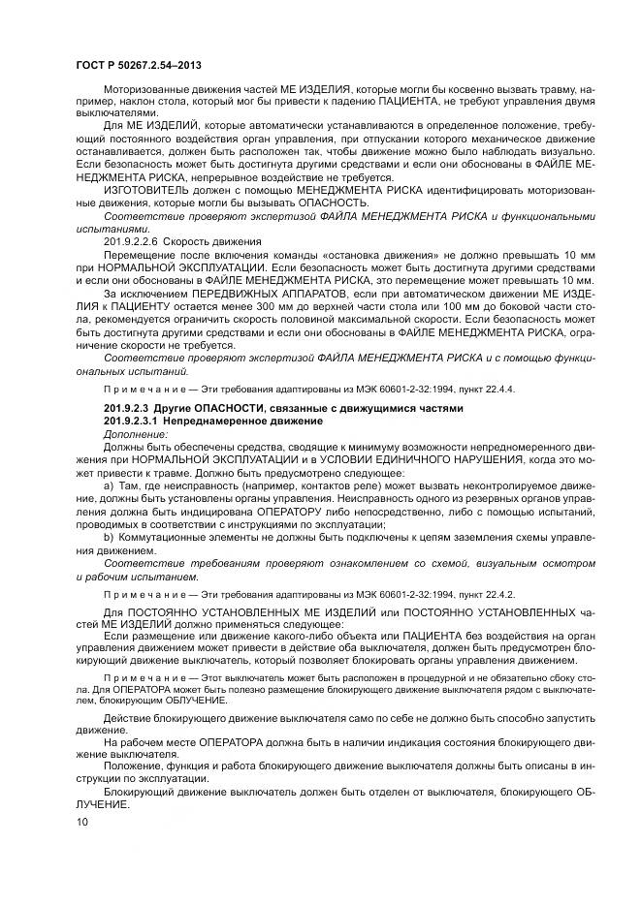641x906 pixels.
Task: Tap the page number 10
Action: pos(82,823)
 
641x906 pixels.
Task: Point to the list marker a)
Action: pos(109,485)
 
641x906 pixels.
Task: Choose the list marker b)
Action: pos(109,535)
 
